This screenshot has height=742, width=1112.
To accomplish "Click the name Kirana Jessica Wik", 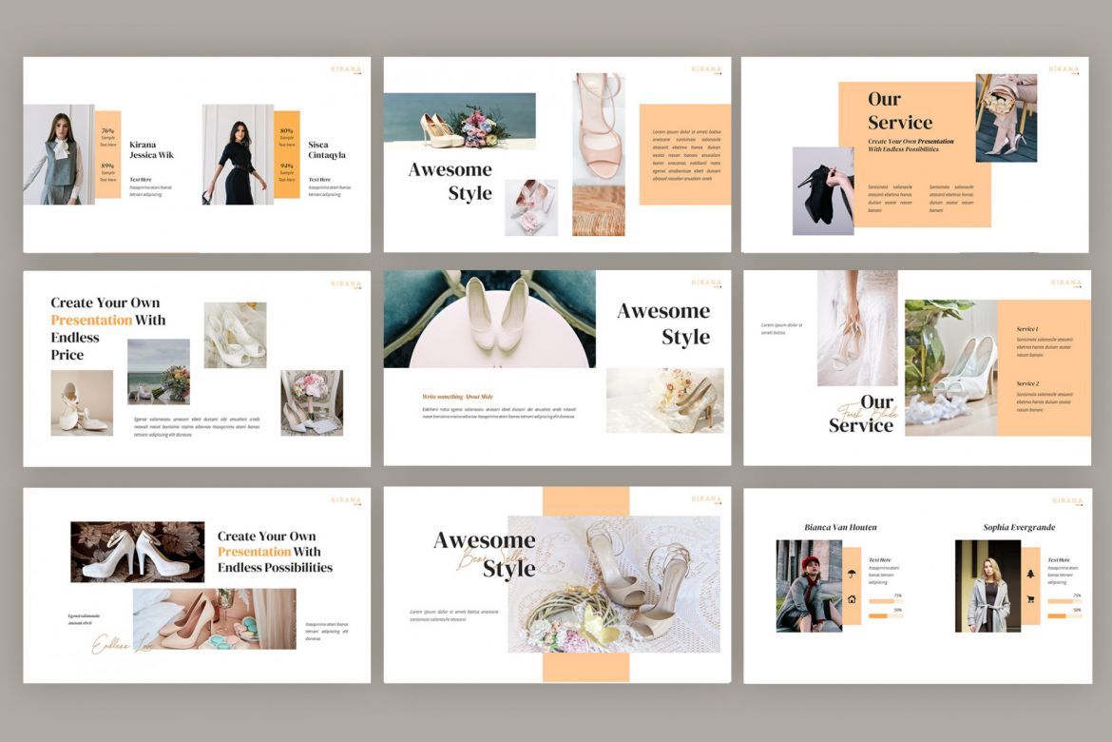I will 151,149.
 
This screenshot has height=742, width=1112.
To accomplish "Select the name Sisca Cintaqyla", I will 327,149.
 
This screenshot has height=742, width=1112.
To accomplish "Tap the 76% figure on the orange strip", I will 107,130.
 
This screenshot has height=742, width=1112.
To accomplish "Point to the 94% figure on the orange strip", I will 286,166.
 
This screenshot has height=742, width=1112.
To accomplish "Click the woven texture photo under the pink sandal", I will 598,210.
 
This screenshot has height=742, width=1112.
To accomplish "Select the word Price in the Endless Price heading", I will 67,355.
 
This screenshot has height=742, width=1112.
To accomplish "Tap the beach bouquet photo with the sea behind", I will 158,371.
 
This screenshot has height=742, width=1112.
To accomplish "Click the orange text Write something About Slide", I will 457,396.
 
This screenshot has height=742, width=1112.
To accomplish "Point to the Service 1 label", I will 1027,329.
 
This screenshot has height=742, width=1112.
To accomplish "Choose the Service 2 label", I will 1027,383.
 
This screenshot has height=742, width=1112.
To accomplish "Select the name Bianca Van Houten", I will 840,527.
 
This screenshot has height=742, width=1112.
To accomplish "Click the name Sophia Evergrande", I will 1019,527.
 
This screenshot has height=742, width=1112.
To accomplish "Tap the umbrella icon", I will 852,573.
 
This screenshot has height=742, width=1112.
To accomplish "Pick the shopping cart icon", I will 1030,598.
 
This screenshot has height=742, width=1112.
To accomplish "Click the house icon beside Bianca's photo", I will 852,599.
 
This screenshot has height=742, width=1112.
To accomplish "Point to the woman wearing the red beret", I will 809,586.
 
